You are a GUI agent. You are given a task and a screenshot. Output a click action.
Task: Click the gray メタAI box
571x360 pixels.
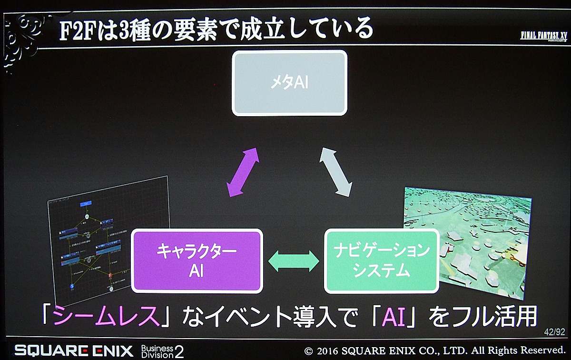(x=289, y=83)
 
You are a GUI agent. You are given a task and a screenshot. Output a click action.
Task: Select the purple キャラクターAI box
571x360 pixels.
(x=197, y=261)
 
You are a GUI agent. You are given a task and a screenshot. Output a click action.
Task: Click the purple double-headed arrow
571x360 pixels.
(x=243, y=172)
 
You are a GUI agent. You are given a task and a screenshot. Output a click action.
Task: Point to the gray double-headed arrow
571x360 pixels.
(x=335, y=172)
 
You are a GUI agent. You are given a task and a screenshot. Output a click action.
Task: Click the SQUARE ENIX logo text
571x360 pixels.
(x=74, y=351)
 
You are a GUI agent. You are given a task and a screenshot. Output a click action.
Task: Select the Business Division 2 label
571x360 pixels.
(x=162, y=351)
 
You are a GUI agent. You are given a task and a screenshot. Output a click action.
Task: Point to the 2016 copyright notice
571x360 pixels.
(x=434, y=352)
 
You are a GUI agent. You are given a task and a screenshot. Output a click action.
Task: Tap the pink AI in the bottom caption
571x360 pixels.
(x=391, y=316)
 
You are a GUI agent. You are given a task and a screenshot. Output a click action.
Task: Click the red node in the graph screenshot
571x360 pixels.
(x=110, y=275)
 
